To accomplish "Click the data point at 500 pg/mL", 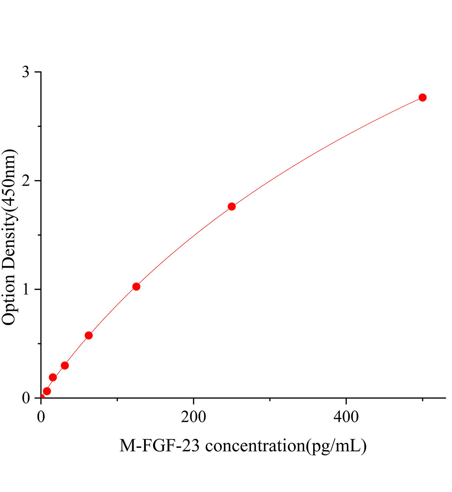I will pos(423,98).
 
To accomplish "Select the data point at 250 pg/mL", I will pos(232,206).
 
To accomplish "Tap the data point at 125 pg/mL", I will pos(136,287).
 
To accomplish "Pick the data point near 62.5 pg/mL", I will pos(88,335).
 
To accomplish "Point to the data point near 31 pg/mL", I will pos(65,365).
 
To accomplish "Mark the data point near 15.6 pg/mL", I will pos(53,377).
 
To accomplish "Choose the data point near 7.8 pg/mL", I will pos(47,391).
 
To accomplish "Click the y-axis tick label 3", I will pos(26,73).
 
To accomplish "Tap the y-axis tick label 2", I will pos(26,181).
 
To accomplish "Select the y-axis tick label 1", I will pos(26,289).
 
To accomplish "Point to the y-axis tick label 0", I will pos(26,398).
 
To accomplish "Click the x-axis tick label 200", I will pos(194,417).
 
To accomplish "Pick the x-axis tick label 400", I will pos(346,417).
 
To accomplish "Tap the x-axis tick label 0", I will pos(41,417).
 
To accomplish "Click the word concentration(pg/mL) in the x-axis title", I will pos(285,446).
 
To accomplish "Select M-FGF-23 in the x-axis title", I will pos(160,445).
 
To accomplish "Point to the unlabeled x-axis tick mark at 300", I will pos(270,400).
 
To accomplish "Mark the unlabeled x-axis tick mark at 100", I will pos(117,400).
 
